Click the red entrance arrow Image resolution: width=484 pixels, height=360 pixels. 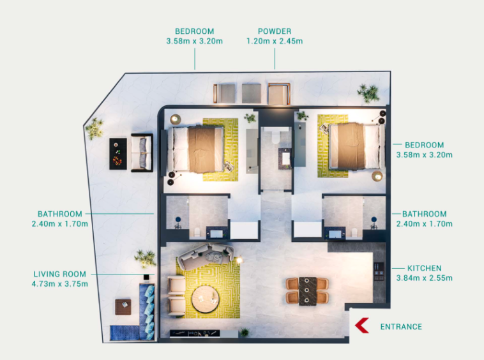(361, 326)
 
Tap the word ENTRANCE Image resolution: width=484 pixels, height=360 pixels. (401, 327)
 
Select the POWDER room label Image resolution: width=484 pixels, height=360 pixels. (275, 31)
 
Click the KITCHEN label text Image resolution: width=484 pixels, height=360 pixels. (425, 268)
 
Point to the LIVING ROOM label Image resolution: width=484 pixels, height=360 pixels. (60, 274)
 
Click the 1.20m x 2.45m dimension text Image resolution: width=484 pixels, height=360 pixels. (275, 41)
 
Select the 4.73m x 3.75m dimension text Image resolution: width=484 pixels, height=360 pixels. (60, 284)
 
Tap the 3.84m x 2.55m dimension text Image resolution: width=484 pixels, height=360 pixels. (425, 278)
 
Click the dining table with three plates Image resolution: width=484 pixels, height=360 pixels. (307, 291)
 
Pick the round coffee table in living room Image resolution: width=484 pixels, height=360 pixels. (205, 299)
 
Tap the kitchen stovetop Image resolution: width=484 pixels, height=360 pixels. (379, 271)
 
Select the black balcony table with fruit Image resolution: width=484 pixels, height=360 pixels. (118, 154)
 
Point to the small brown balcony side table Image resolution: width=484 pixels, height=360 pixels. (123, 306)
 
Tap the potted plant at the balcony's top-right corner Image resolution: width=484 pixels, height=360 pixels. (368, 93)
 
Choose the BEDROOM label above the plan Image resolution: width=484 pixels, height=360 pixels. (195, 31)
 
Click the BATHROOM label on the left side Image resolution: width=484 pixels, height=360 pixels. (60, 214)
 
